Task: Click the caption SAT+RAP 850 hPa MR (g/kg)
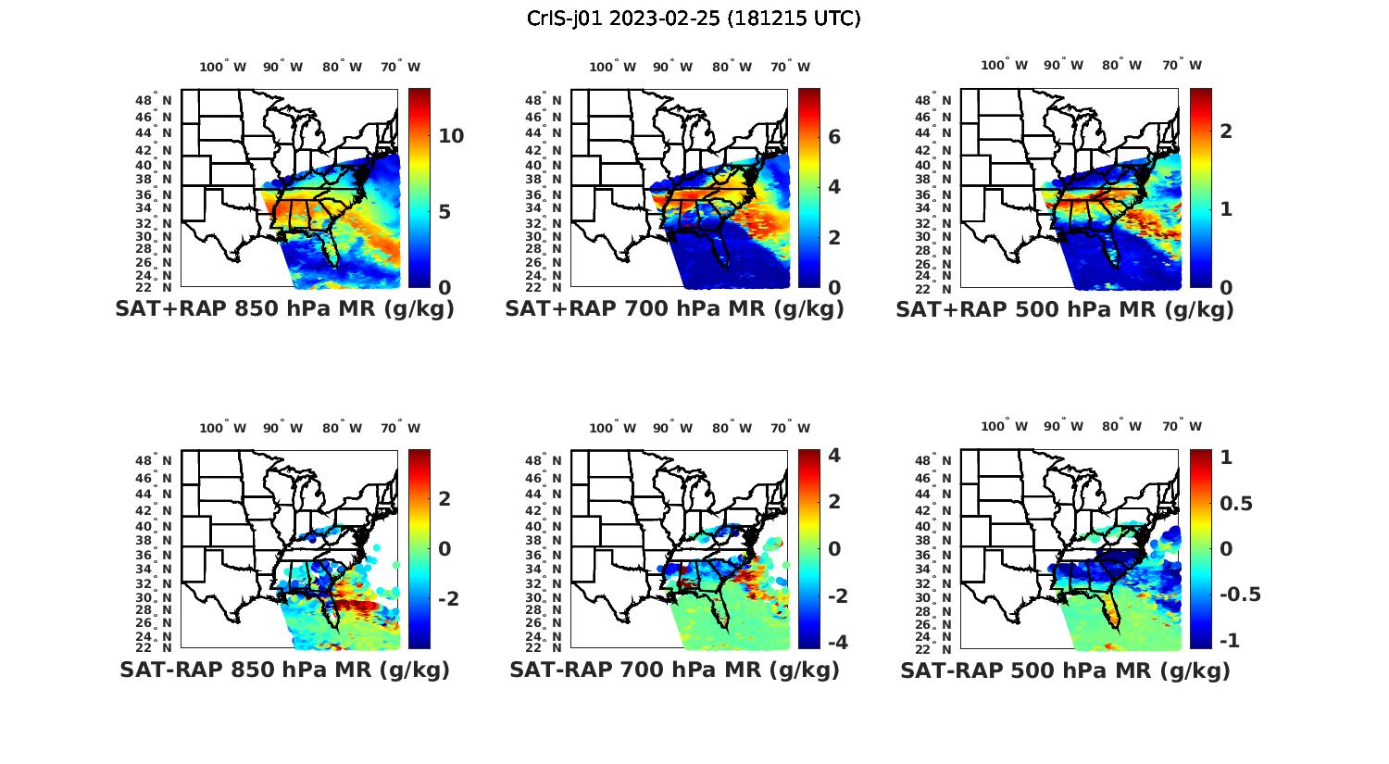click(x=284, y=309)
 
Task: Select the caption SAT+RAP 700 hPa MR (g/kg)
click(x=674, y=309)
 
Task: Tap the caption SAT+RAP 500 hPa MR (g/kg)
click(x=1065, y=309)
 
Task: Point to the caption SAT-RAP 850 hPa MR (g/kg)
click(x=284, y=670)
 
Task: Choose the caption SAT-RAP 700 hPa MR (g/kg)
click(x=674, y=670)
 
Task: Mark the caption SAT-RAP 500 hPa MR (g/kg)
click(x=1065, y=670)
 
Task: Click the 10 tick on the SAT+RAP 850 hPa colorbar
click(x=451, y=136)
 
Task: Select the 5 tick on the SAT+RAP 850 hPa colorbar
click(x=444, y=212)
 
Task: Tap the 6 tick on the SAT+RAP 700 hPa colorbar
click(x=833, y=137)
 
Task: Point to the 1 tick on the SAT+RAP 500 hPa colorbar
click(x=1226, y=209)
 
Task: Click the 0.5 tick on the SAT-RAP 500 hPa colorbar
click(x=1236, y=503)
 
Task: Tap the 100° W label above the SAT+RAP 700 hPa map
click(x=612, y=67)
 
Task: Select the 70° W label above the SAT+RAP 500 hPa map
click(x=1182, y=65)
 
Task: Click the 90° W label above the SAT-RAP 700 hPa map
click(x=672, y=428)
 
